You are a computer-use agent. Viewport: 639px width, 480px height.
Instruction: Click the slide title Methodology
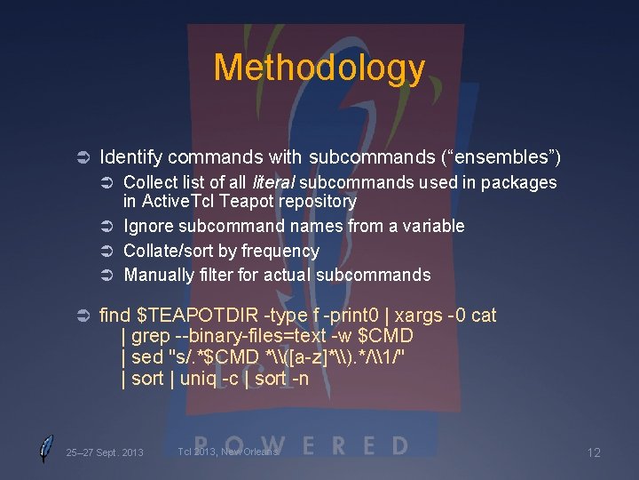coord(319,68)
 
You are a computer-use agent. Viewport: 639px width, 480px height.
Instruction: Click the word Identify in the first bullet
coord(130,157)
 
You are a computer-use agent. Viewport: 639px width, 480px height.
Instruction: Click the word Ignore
coord(148,226)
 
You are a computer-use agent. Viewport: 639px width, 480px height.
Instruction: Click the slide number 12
coord(594,452)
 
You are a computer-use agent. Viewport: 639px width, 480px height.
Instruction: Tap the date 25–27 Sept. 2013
coord(105,452)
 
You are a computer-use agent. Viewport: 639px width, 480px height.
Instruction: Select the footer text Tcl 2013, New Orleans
coord(228,452)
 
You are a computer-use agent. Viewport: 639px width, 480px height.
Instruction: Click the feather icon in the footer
coord(45,449)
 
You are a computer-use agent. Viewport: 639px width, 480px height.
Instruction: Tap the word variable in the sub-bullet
coord(431,226)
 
